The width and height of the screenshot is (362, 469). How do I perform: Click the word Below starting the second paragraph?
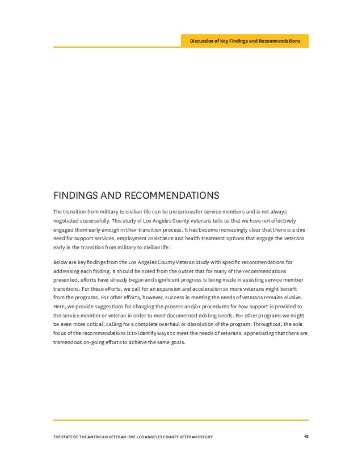61,262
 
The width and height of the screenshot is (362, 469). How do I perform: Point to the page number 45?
305,436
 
